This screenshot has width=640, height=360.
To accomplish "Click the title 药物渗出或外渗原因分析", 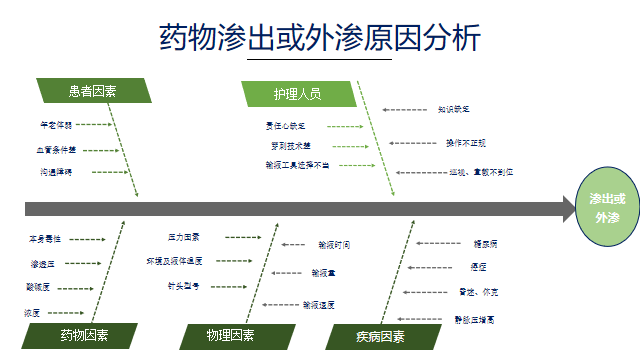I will click(320, 37).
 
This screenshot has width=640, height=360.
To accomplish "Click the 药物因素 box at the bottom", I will click(84, 335).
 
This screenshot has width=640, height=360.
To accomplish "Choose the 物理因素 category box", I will click(231, 336).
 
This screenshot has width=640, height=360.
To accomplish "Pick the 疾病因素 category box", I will click(380, 336).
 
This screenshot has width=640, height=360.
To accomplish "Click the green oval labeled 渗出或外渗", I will click(607, 208).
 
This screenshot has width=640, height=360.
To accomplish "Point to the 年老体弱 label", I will click(56, 125).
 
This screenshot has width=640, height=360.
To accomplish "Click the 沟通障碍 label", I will click(56, 172).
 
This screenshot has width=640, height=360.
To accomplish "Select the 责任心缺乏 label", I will click(285, 126).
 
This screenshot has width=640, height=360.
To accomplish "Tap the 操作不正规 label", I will click(465, 143).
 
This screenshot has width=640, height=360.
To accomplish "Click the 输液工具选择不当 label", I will click(297, 164).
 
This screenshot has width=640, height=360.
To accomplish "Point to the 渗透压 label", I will click(43, 264).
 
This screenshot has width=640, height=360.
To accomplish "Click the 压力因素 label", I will click(184, 238).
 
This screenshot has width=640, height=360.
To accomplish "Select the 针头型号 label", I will click(184, 286).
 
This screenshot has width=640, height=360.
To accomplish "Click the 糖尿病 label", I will click(486, 243).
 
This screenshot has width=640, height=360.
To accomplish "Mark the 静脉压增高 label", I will click(475, 319).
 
